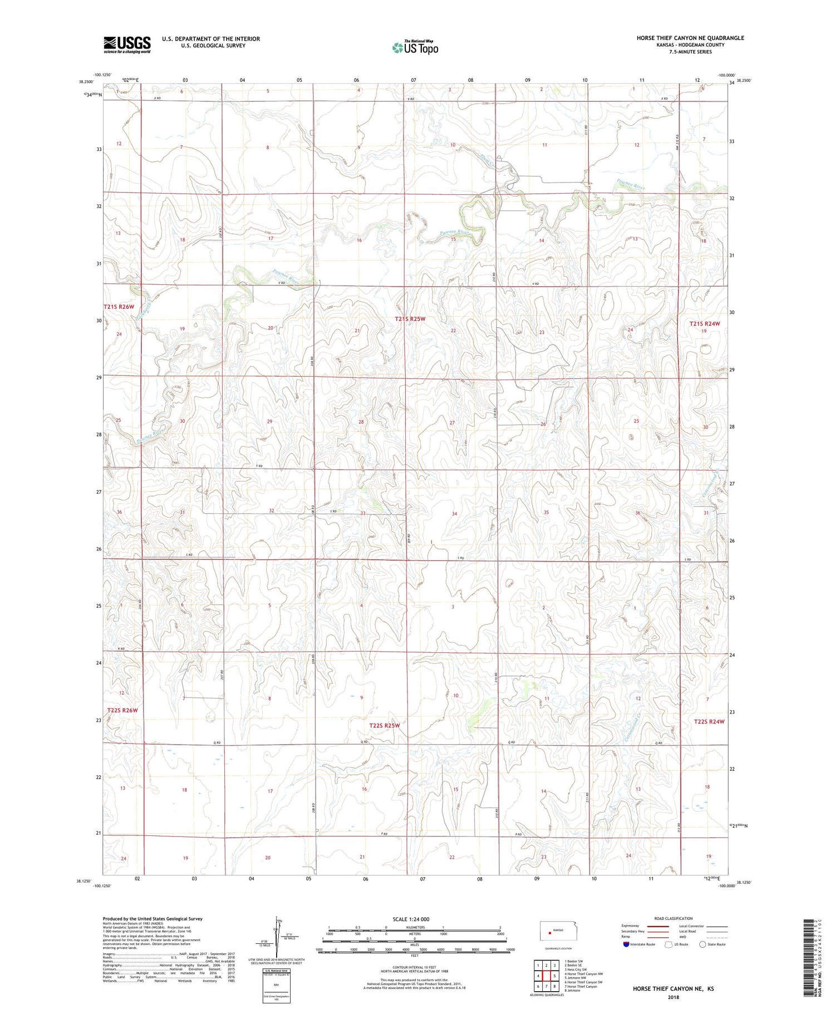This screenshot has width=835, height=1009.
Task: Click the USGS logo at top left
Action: pyautogui.click(x=127, y=45)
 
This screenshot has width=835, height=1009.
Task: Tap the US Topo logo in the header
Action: pyautogui.click(x=415, y=48)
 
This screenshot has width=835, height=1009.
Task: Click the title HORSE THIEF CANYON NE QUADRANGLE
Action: pyautogui.click(x=690, y=38)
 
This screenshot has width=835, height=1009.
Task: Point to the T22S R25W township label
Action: pyautogui.click(x=384, y=726)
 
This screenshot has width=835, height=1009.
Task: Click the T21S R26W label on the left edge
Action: pyautogui.click(x=119, y=307)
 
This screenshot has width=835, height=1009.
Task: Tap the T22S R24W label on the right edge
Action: pyautogui.click(x=709, y=722)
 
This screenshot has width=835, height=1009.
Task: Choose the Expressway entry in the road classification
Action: pyautogui.click(x=630, y=926)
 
